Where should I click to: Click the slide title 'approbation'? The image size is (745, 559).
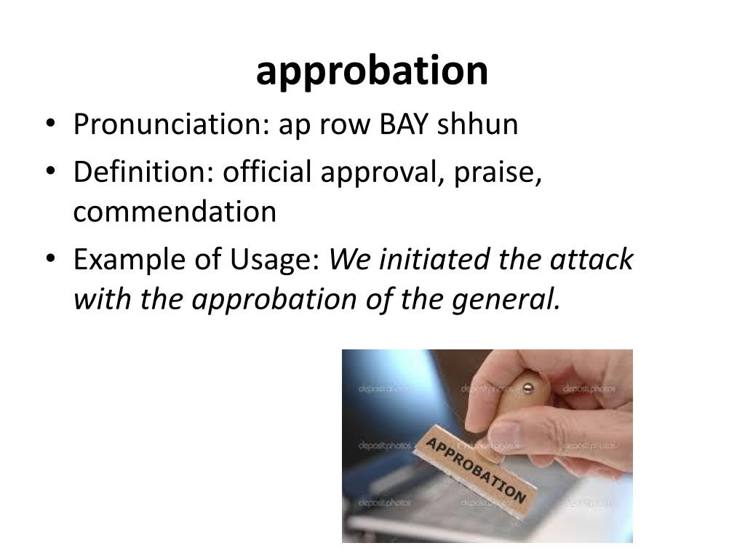[x=372, y=71]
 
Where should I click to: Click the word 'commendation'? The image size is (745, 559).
[x=175, y=213]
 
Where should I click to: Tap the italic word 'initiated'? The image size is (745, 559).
[x=434, y=260]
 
